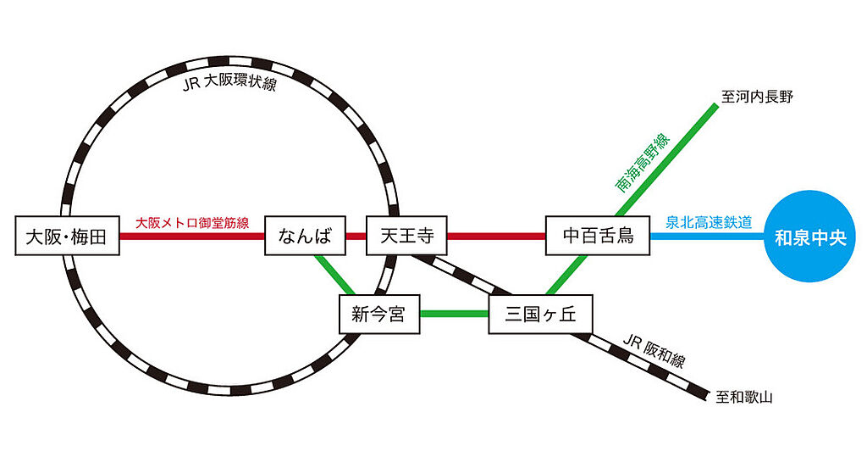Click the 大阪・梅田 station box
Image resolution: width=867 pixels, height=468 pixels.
tap(67, 237)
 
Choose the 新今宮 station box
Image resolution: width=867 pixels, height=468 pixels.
tap(378, 315)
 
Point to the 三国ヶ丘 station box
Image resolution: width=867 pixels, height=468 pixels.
tap(539, 315)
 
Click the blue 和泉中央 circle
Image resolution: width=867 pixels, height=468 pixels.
tap(810, 237)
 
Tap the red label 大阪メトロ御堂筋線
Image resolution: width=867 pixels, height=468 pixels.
tap(192, 223)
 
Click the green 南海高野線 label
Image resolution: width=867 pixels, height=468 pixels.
tap(643, 162)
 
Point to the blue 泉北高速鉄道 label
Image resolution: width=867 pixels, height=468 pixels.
tap(709, 223)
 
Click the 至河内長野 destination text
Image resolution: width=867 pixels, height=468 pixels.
tap(756, 97)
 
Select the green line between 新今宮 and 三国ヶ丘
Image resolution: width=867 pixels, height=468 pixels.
tap(455, 315)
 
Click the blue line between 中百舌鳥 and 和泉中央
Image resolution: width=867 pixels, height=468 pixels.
tap(707, 237)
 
